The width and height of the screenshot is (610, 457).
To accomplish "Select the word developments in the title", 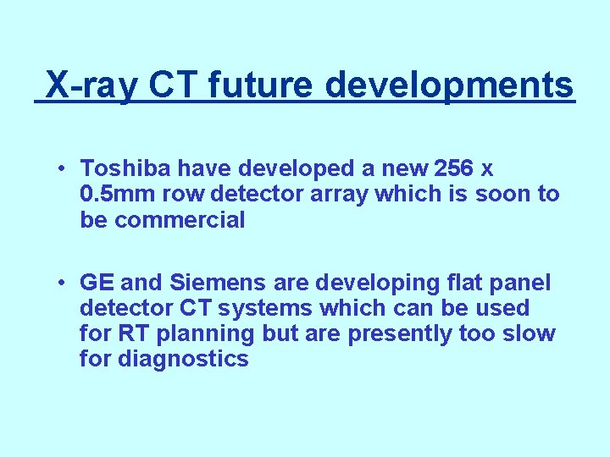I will click(x=450, y=85).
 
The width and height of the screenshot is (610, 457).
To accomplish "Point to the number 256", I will click(x=447, y=168).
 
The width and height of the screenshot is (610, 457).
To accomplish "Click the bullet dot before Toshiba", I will click(x=63, y=168).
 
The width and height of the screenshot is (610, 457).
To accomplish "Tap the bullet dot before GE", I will click(x=63, y=282).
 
